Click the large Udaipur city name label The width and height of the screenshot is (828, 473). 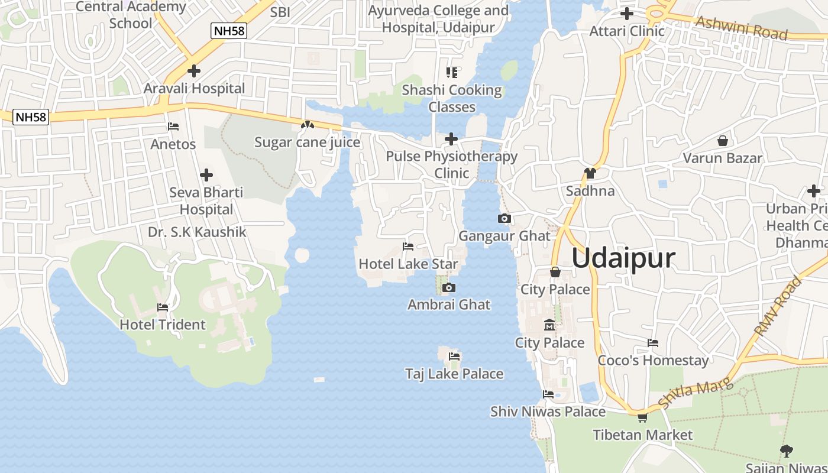pyautogui.click(x=623, y=258)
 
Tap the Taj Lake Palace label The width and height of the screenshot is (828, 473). pyautogui.click(x=454, y=374)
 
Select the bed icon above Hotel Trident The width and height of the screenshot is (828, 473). pyautogui.click(x=163, y=307)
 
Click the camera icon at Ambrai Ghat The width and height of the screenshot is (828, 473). pyautogui.click(x=449, y=288)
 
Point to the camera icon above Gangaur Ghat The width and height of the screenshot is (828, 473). pyautogui.click(x=504, y=219)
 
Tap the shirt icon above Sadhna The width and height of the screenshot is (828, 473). pyautogui.click(x=590, y=173)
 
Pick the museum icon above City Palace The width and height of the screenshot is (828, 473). pyautogui.click(x=549, y=325)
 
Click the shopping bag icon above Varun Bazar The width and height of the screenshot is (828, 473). pyautogui.click(x=722, y=141)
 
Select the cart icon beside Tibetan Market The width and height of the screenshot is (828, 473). pyautogui.click(x=642, y=417)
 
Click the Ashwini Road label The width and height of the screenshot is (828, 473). pyautogui.click(x=742, y=28)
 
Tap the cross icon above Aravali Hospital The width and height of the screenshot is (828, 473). pyautogui.click(x=193, y=71)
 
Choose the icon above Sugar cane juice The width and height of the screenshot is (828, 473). pyautogui.click(x=306, y=125)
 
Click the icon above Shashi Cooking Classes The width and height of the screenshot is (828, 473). pyautogui.click(x=452, y=73)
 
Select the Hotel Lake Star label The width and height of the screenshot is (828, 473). pyautogui.click(x=409, y=264)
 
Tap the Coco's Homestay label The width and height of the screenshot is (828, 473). pyautogui.click(x=653, y=360)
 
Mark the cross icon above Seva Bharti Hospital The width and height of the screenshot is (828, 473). pyautogui.click(x=206, y=175)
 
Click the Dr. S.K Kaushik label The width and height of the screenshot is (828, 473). pyautogui.click(x=197, y=232)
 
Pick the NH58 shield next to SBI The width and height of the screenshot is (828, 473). pyautogui.click(x=228, y=31)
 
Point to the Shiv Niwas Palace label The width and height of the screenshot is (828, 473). pyautogui.click(x=548, y=412)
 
